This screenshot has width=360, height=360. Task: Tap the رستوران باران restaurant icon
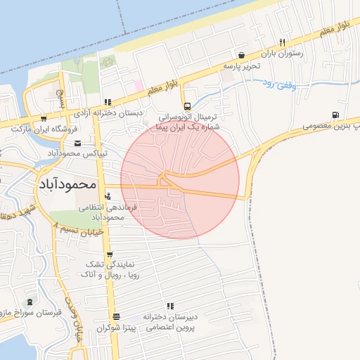[x=282, y=41]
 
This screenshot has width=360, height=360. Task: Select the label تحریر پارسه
[x=242, y=65]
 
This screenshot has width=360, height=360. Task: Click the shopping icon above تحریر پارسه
[x=242, y=55]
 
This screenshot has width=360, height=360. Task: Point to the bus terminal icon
[x=186, y=107]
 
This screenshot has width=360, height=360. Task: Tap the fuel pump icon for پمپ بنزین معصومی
[x=335, y=115]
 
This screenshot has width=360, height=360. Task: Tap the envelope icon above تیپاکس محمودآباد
[x=77, y=143]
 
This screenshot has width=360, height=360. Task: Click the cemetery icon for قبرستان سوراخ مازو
[x=30, y=302]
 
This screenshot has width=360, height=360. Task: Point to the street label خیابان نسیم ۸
[x=79, y=226]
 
